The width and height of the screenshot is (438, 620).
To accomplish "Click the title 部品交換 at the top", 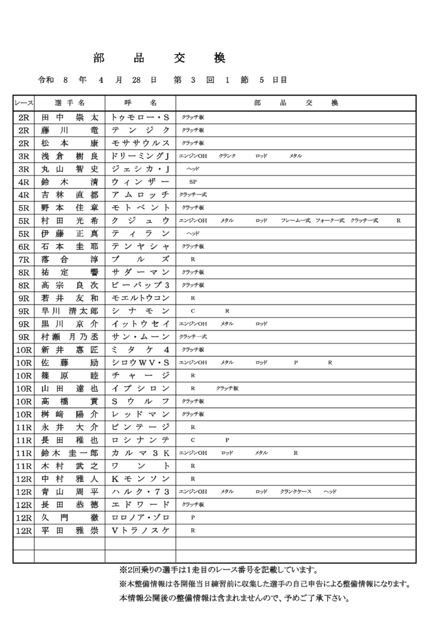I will (159, 58).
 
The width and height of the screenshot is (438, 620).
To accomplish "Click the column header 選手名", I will (69, 103).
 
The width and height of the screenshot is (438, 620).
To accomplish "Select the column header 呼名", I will (141, 103).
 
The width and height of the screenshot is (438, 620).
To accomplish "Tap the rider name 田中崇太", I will (69, 117).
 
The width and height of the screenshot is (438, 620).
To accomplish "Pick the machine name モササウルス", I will (141, 143).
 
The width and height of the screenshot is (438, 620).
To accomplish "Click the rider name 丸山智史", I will (69, 169).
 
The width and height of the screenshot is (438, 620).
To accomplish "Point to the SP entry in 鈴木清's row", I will (193, 181).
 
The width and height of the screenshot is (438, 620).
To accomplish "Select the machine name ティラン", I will (141, 233).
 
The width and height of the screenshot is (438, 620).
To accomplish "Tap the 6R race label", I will (24, 246).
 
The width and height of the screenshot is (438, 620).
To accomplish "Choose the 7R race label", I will (24, 259).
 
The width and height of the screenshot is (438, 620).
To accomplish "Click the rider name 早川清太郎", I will (69, 311).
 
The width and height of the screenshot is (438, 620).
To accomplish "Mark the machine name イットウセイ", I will (141, 324).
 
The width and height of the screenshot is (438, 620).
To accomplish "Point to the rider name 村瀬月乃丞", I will (69, 337).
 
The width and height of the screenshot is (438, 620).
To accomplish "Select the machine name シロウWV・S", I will (141, 363).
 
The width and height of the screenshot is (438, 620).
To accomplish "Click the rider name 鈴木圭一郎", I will (69, 453).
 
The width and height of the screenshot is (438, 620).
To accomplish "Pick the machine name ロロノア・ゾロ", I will (141, 518).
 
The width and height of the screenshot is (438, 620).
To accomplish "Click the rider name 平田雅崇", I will (69, 530).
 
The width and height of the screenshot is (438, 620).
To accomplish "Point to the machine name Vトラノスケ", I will (141, 530).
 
